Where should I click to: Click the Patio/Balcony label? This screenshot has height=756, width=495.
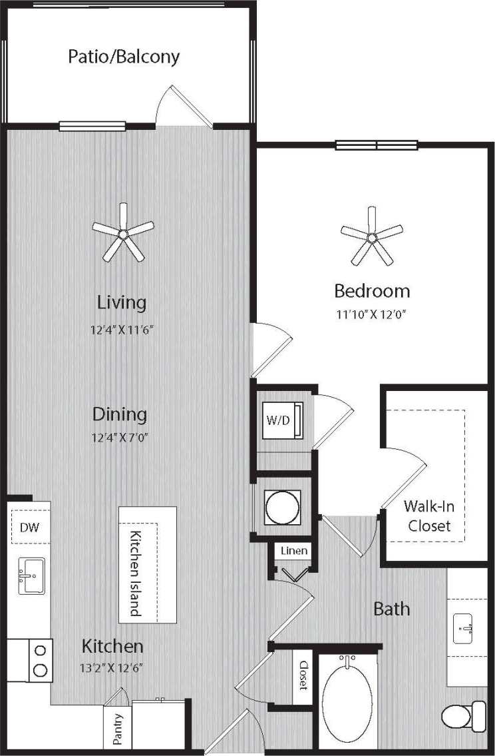[124, 57]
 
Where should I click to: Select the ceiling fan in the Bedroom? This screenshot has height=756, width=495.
[371, 235]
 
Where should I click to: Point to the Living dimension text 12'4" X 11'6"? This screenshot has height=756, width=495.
[122, 330]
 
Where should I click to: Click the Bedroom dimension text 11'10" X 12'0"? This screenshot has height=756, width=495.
[371, 314]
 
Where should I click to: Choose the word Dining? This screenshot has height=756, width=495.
[119, 414]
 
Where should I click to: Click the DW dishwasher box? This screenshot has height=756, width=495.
[29, 528]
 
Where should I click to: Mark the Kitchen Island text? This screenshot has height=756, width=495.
[136, 573]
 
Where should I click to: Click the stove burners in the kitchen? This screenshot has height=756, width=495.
[41, 659]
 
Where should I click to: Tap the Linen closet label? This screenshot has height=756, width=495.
[293, 552]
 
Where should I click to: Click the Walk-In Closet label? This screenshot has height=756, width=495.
[429, 516]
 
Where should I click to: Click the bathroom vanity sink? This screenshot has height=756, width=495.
[466, 626]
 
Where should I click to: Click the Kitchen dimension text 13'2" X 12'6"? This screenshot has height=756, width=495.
[112, 667]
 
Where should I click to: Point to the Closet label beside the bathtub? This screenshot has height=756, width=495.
[303, 675]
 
